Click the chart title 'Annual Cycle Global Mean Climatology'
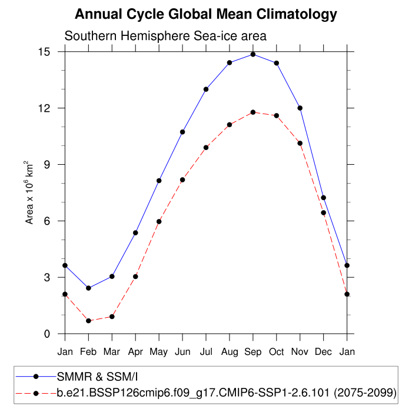pos(206,14)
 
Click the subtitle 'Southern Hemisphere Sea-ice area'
pos(165,36)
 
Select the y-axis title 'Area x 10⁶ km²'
pos(29,192)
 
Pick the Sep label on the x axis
pos(253,351)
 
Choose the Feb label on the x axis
pos(88,351)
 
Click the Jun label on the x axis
pos(182,351)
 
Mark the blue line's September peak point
pos(253,54)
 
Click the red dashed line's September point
pos(253,112)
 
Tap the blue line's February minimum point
pos(88,288)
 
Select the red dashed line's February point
pos(88,321)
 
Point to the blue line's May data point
pos(159,181)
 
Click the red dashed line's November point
pos(300,143)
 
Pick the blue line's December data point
pos(324,198)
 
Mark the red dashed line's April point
pos(135,277)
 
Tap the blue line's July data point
pos(206,89)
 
